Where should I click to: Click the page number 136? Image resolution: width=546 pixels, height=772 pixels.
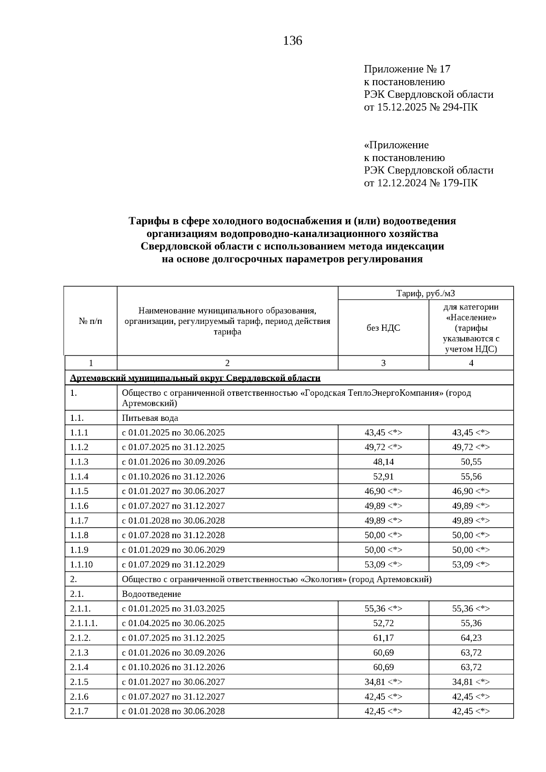point(293,41)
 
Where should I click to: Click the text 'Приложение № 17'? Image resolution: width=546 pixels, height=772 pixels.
point(407,69)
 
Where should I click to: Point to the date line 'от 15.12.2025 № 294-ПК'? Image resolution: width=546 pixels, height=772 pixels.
point(420,107)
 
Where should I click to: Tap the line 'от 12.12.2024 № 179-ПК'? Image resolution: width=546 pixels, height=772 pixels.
point(420,183)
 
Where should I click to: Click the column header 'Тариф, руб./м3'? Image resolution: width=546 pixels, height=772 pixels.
point(425,293)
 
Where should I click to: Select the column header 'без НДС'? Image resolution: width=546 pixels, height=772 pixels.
point(383,328)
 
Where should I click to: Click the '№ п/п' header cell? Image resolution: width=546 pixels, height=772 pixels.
point(91,321)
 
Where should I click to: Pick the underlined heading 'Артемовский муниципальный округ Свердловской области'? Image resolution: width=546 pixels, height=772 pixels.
point(195,378)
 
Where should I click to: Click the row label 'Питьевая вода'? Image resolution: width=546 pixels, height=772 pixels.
point(150,418)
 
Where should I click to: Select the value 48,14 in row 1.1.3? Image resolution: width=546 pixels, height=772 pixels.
point(383,462)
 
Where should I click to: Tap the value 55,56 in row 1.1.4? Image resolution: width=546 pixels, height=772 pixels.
point(471,476)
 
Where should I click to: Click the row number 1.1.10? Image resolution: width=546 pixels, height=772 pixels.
point(81,565)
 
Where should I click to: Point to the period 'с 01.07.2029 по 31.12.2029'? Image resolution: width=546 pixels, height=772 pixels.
point(173,565)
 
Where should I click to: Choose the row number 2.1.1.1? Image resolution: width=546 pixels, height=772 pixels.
point(84,623)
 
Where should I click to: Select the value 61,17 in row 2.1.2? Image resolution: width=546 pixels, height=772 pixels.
point(383,638)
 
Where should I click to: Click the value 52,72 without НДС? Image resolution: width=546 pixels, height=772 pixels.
point(383,623)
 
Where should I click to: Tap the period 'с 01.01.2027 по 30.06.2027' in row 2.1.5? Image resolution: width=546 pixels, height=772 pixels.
point(173,682)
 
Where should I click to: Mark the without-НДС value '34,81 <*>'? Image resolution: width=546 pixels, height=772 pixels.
point(383,682)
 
